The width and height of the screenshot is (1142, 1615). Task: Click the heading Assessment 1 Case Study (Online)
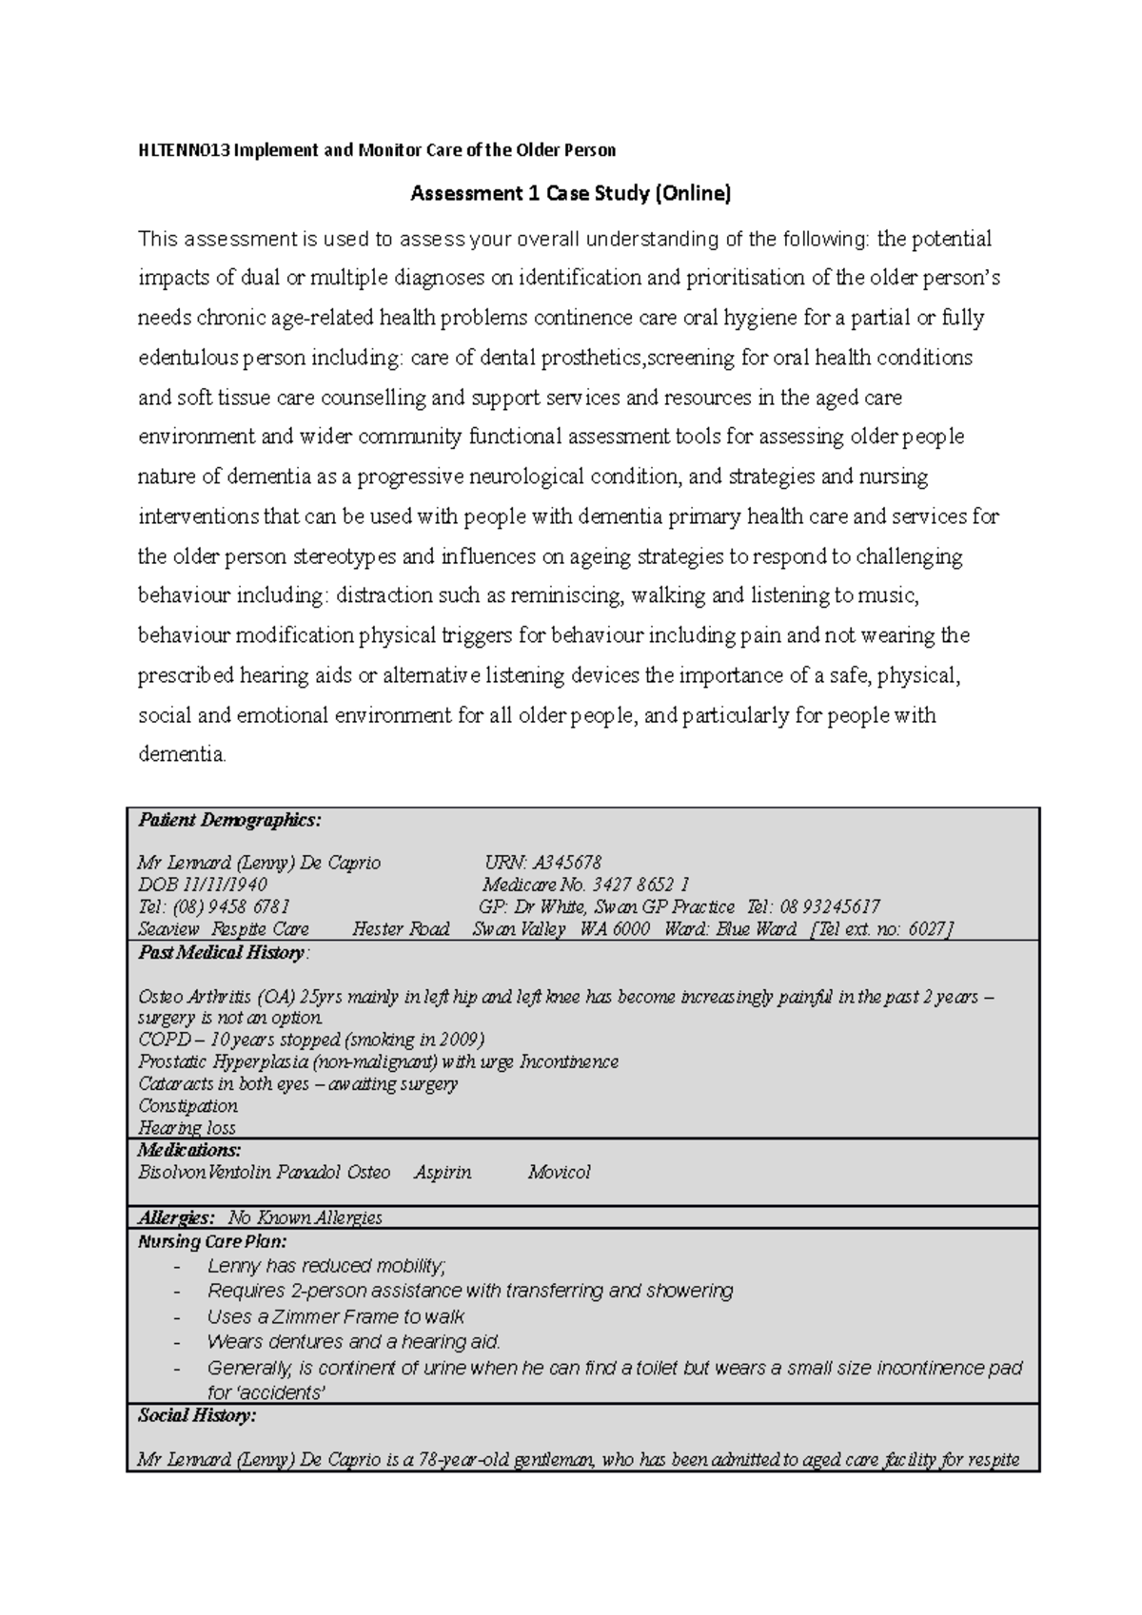pos(570,194)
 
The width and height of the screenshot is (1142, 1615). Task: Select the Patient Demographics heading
pos(229,820)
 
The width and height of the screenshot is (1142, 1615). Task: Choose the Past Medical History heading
pos(222,952)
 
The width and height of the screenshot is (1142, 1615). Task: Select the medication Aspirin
pos(443,1172)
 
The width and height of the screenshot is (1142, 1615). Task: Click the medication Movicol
pos(560,1172)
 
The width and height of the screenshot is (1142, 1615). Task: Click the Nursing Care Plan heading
pos(212,1241)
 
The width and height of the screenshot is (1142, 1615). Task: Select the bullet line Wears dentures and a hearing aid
pos(353,1342)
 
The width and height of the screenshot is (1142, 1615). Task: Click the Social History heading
pos(197,1415)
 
